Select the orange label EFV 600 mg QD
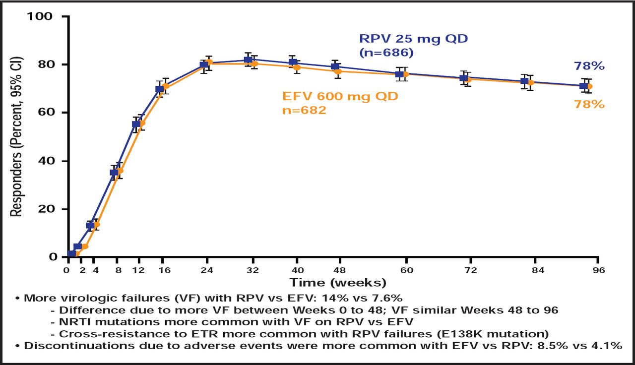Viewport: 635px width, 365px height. tap(340, 96)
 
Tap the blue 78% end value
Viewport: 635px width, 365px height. tap(589, 66)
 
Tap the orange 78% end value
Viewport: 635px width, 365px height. tap(589, 104)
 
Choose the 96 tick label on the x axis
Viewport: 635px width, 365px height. tap(598, 270)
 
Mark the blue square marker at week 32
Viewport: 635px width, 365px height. tap(248, 60)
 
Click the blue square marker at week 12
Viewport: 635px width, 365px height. tap(136, 124)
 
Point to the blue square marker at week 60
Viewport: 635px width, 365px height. tap(399, 74)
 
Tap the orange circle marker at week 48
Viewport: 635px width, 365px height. tap(339, 71)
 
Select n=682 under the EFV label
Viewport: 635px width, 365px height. tap(304, 110)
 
